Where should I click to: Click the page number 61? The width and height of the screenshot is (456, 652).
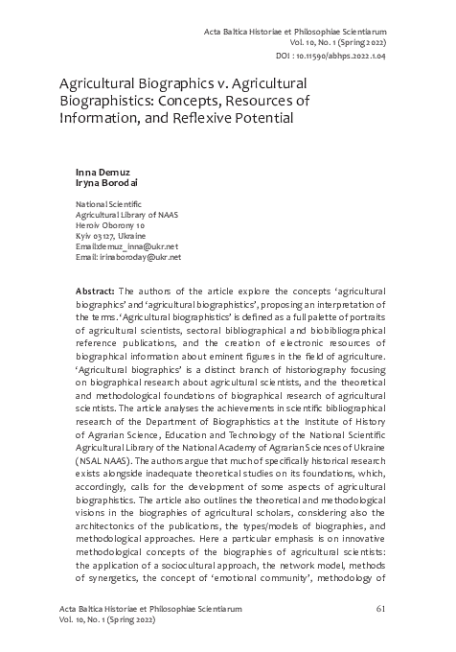click(x=380, y=608)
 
